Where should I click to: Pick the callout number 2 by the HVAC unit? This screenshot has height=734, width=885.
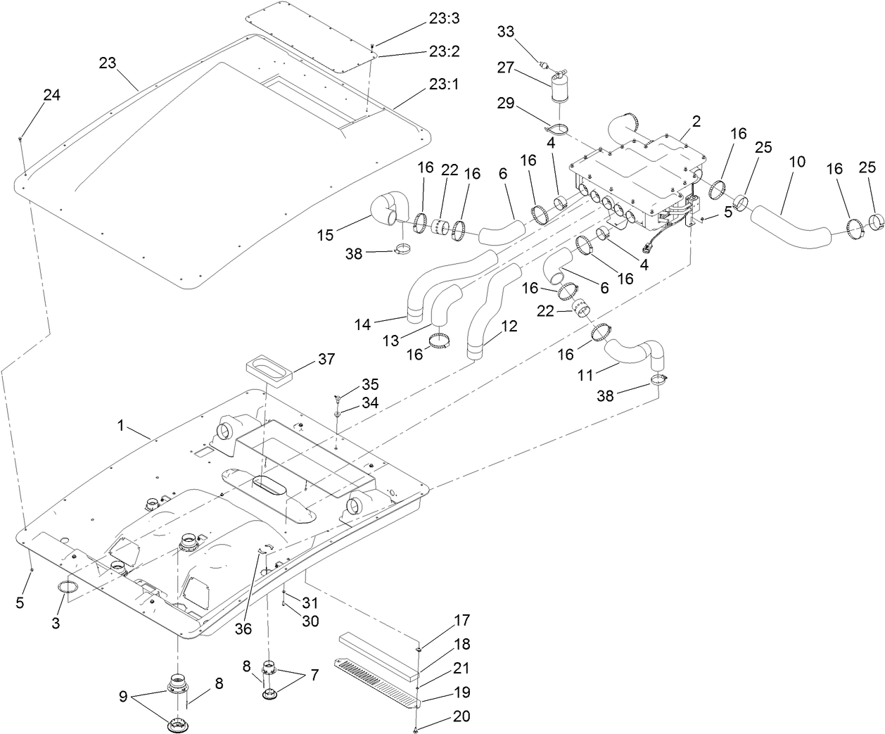[x=696, y=121]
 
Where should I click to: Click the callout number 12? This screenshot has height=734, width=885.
[x=509, y=327]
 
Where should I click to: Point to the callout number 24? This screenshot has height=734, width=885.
[x=51, y=95]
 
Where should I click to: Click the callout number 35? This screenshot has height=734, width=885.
[x=370, y=384]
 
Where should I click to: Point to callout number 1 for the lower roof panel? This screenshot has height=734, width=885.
[x=120, y=425]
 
